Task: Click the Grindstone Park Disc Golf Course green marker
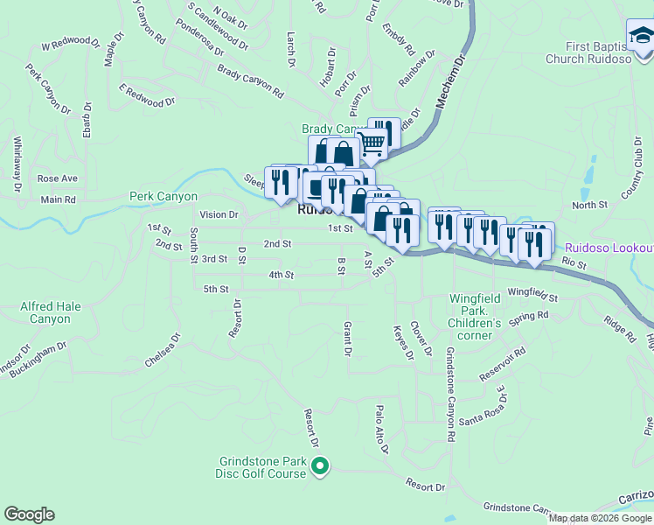[x=321, y=466]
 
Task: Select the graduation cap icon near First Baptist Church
[x=640, y=36]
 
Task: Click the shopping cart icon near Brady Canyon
[x=372, y=143]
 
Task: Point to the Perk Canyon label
[x=163, y=197]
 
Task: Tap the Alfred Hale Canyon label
[x=45, y=313]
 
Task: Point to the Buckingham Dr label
[x=40, y=359]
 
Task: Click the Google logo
[x=29, y=514]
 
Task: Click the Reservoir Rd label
[x=502, y=366]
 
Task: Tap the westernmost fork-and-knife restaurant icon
[x=279, y=182]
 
